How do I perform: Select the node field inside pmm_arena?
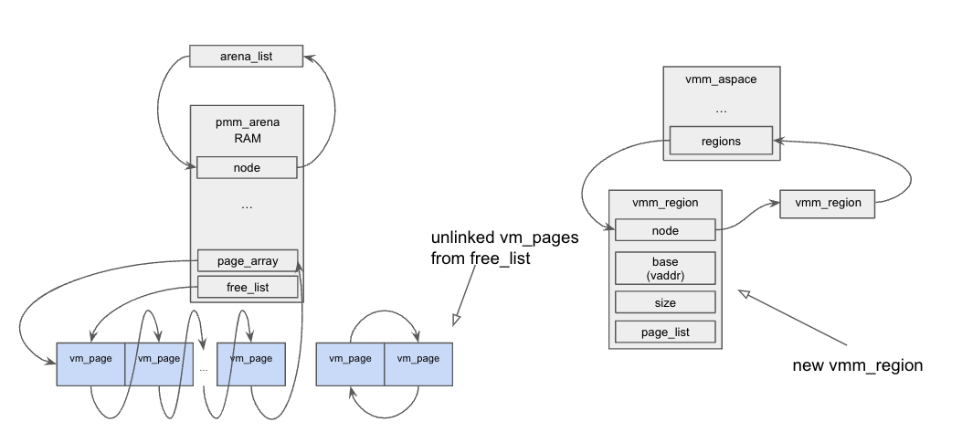[x=247, y=167]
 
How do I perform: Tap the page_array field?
[x=247, y=260]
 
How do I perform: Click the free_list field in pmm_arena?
[x=247, y=288]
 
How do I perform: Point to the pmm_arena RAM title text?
[x=247, y=130]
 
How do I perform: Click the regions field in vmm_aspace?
[x=721, y=142]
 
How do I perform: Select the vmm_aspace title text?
[x=721, y=79]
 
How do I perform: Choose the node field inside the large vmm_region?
[x=665, y=230]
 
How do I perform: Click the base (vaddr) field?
[x=665, y=268]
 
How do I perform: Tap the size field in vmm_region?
[x=665, y=301]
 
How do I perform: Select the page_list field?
[x=665, y=332]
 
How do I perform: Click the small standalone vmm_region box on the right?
[x=828, y=203]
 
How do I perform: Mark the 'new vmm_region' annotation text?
[x=858, y=365]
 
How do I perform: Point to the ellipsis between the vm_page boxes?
[x=204, y=368]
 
